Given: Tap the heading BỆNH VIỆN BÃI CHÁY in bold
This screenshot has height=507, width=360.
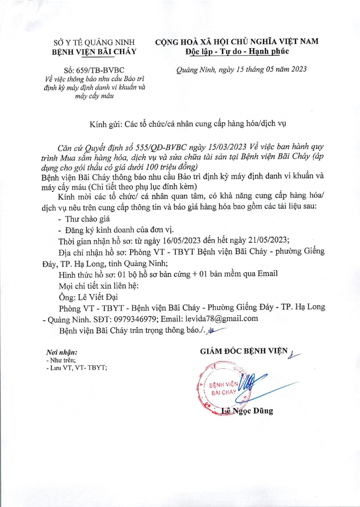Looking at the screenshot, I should [x=94, y=52].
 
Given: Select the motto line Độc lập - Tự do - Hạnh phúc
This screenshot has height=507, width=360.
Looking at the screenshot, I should [x=237, y=52].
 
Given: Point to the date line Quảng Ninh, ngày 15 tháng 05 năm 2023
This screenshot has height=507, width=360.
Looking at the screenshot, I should [x=241, y=69].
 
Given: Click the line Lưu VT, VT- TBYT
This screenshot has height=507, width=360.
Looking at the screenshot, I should [x=77, y=367].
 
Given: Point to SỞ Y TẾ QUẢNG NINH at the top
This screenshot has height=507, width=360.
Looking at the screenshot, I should [x=94, y=43].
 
